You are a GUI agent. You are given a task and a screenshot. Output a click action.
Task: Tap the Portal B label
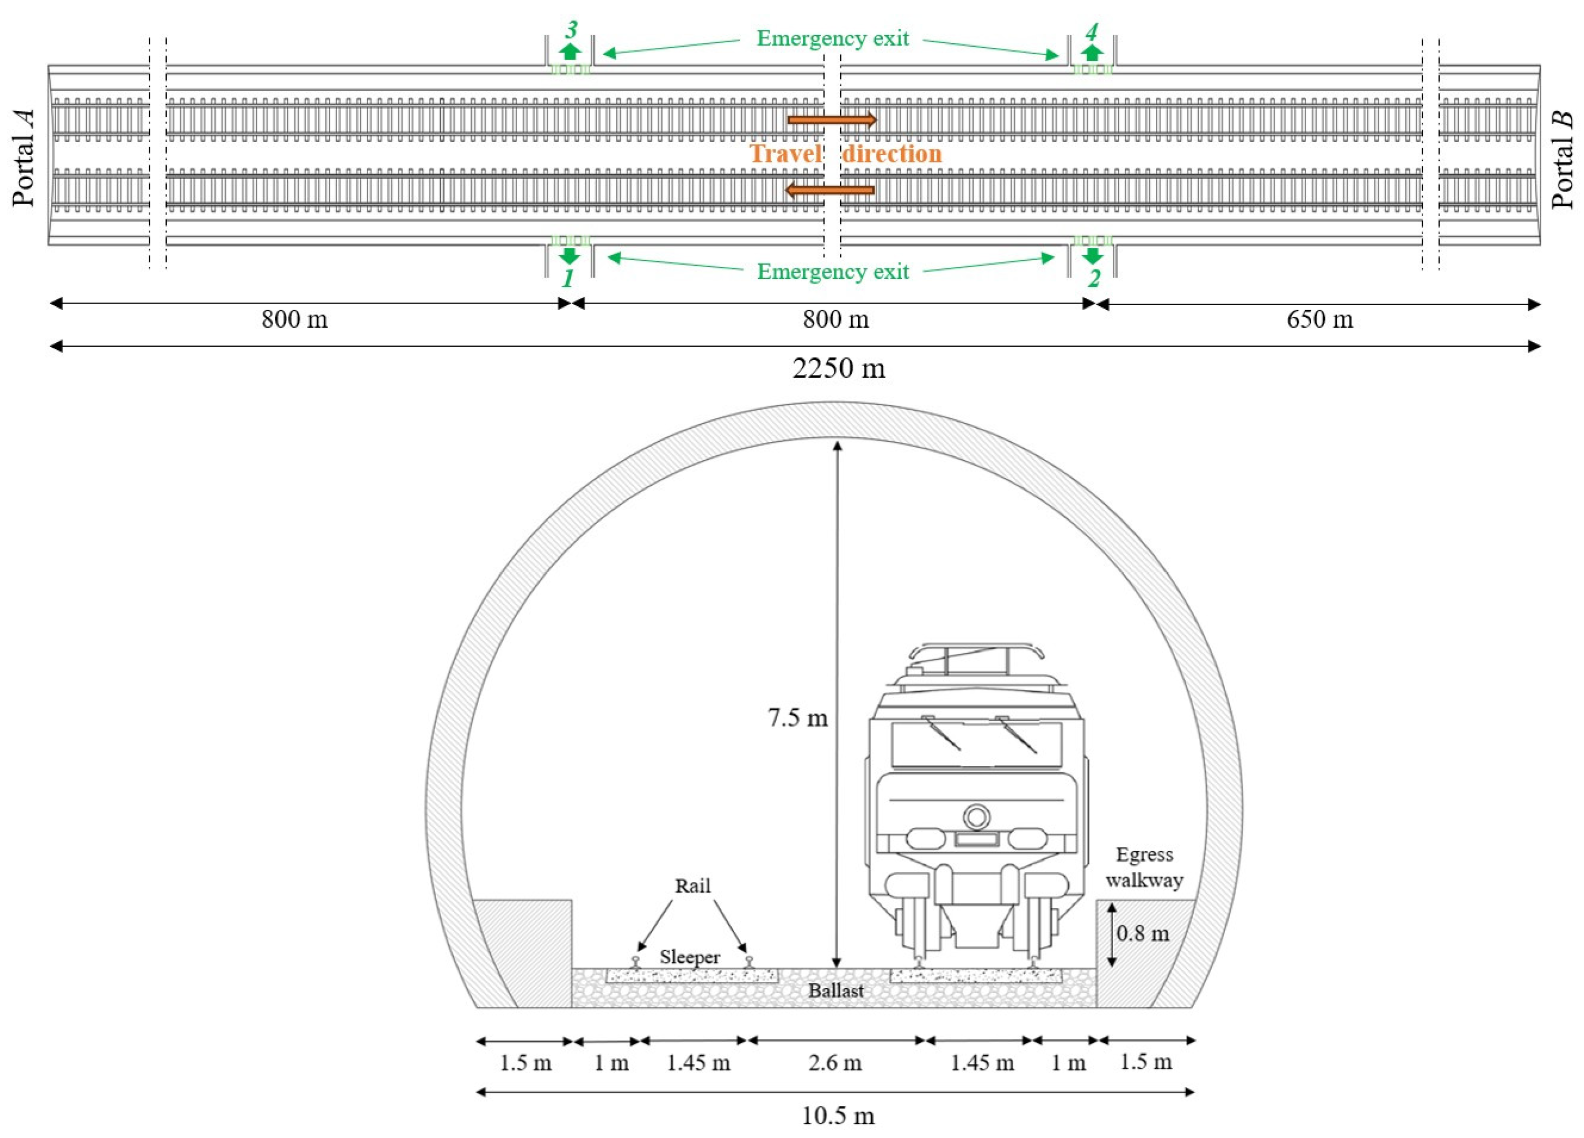[x=1562, y=160]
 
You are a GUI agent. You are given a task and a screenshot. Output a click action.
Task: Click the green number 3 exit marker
[x=571, y=30]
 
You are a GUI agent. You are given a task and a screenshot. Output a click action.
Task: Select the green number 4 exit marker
[x=1091, y=32]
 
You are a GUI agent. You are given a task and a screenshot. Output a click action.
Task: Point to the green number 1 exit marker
[x=568, y=279]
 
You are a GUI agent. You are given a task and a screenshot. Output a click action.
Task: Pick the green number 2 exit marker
[x=1094, y=279]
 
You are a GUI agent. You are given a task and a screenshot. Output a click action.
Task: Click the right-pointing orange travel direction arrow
[x=831, y=120]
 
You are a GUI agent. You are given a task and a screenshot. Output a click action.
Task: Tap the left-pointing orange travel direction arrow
[x=829, y=189]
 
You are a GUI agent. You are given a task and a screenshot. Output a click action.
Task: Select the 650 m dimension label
[x=1319, y=320]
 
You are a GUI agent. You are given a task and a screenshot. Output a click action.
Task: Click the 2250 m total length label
[x=838, y=368]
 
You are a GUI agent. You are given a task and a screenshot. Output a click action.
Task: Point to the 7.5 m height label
[x=798, y=718]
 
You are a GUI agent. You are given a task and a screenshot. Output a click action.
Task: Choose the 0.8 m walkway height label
[x=1142, y=933]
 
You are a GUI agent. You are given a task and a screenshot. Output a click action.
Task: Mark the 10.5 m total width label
[x=838, y=1116]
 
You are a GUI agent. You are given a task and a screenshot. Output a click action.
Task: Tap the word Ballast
[x=836, y=991]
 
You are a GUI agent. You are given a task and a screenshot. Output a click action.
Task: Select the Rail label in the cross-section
[x=692, y=886]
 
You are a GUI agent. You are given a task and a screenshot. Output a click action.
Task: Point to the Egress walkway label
[x=1144, y=867]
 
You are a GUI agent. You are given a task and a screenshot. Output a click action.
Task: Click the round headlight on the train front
[x=976, y=817]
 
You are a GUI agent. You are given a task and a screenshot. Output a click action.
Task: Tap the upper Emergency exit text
[x=833, y=38]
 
